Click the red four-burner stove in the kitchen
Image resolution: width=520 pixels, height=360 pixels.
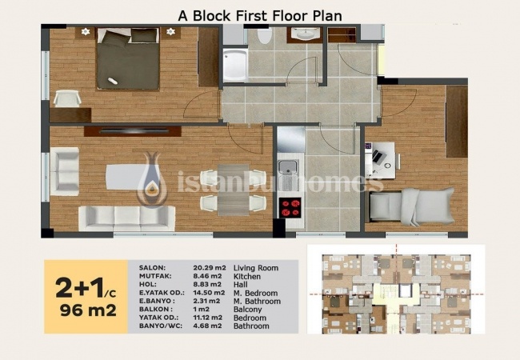290,208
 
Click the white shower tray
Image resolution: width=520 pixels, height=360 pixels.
234,66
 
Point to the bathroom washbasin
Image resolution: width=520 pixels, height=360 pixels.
305,34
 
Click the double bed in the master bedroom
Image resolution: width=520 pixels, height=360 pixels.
128,59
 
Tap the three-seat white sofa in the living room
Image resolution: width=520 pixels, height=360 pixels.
127,218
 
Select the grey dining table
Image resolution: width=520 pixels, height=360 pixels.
234,190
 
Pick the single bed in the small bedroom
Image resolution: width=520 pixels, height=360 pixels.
411,207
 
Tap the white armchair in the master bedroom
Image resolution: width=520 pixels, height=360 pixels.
67,98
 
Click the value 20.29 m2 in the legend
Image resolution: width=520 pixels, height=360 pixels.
210,267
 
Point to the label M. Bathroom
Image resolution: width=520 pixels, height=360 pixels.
257,302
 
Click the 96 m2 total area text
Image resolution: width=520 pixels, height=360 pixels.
88,310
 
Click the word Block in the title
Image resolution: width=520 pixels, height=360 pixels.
212,16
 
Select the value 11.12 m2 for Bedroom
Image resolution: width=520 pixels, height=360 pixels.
208,318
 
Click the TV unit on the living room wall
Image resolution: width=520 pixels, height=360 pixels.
133,131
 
